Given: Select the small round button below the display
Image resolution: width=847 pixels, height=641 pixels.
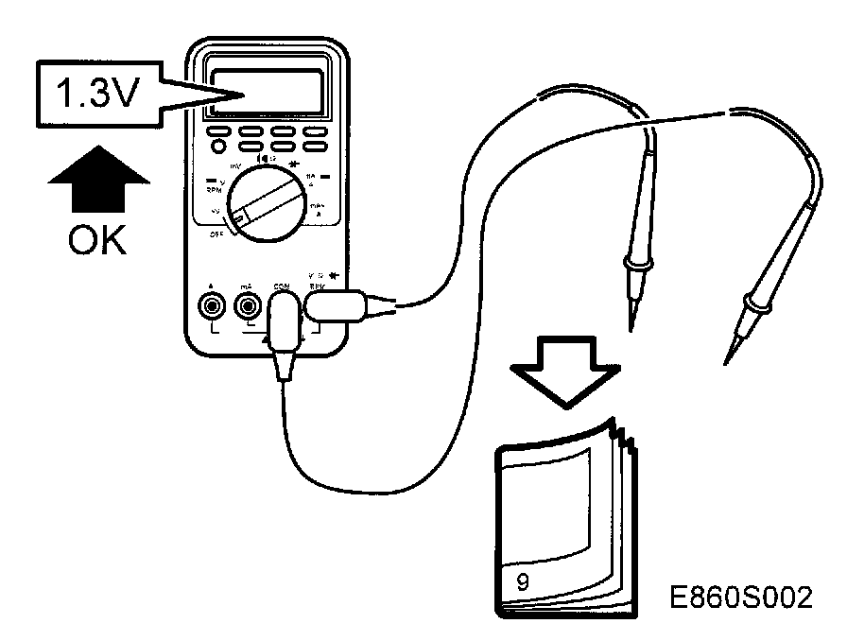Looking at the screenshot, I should click(218, 147).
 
